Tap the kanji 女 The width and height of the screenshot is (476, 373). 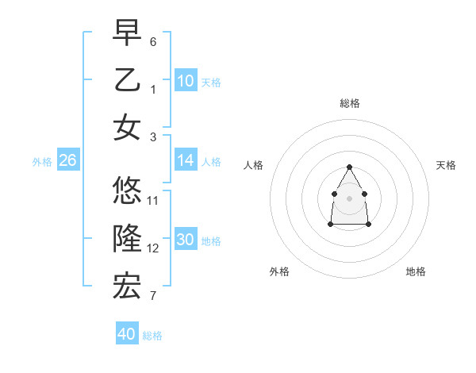click(127, 128)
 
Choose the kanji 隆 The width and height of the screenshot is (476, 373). click(127, 239)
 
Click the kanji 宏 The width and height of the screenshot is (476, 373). click(127, 287)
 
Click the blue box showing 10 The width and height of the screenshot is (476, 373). click(186, 80)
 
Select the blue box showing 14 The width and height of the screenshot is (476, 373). click(186, 160)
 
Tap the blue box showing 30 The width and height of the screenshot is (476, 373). click(186, 240)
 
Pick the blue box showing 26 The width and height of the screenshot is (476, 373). click(67, 160)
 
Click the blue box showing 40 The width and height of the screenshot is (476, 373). click(127, 334)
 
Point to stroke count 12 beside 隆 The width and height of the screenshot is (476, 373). click(153, 248)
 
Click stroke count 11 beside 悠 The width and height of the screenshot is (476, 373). click(153, 200)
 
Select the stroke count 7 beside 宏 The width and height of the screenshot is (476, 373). click(153, 297)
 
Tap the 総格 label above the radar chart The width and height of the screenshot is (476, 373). click(350, 103)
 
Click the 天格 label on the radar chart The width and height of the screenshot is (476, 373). click(446, 165)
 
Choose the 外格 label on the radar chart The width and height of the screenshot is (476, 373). click(279, 271)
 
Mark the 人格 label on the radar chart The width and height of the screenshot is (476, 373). click(254, 165)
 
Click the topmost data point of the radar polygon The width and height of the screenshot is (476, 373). click(350, 167)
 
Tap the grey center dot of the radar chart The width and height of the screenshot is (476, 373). click(350, 198)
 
